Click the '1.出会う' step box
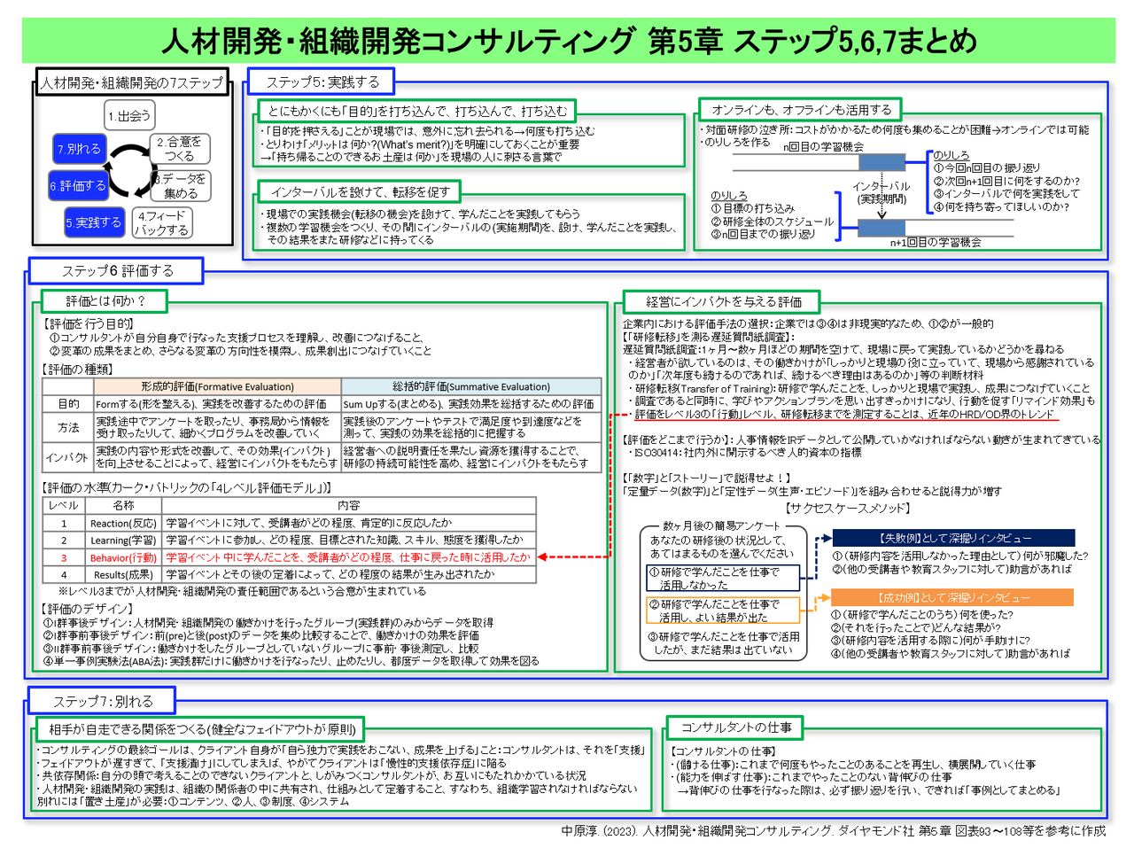click(x=129, y=115)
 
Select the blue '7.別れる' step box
click(x=79, y=149)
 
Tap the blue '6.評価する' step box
click(x=78, y=186)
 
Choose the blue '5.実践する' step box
click(x=93, y=222)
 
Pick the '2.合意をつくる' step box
click(x=179, y=148)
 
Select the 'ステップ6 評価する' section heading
click(x=117, y=270)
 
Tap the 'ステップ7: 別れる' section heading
click(x=102, y=701)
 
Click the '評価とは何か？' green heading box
click(x=105, y=301)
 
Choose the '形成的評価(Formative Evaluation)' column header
click(x=217, y=386)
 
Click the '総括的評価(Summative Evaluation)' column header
click(x=470, y=386)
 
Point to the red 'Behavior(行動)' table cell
click(x=123, y=557)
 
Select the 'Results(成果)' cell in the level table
click(x=123, y=574)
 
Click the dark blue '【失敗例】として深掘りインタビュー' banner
click(x=953, y=538)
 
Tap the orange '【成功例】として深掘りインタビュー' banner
click(x=953, y=598)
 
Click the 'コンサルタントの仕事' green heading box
click(x=735, y=727)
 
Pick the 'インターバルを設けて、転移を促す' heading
click(x=360, y=191)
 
